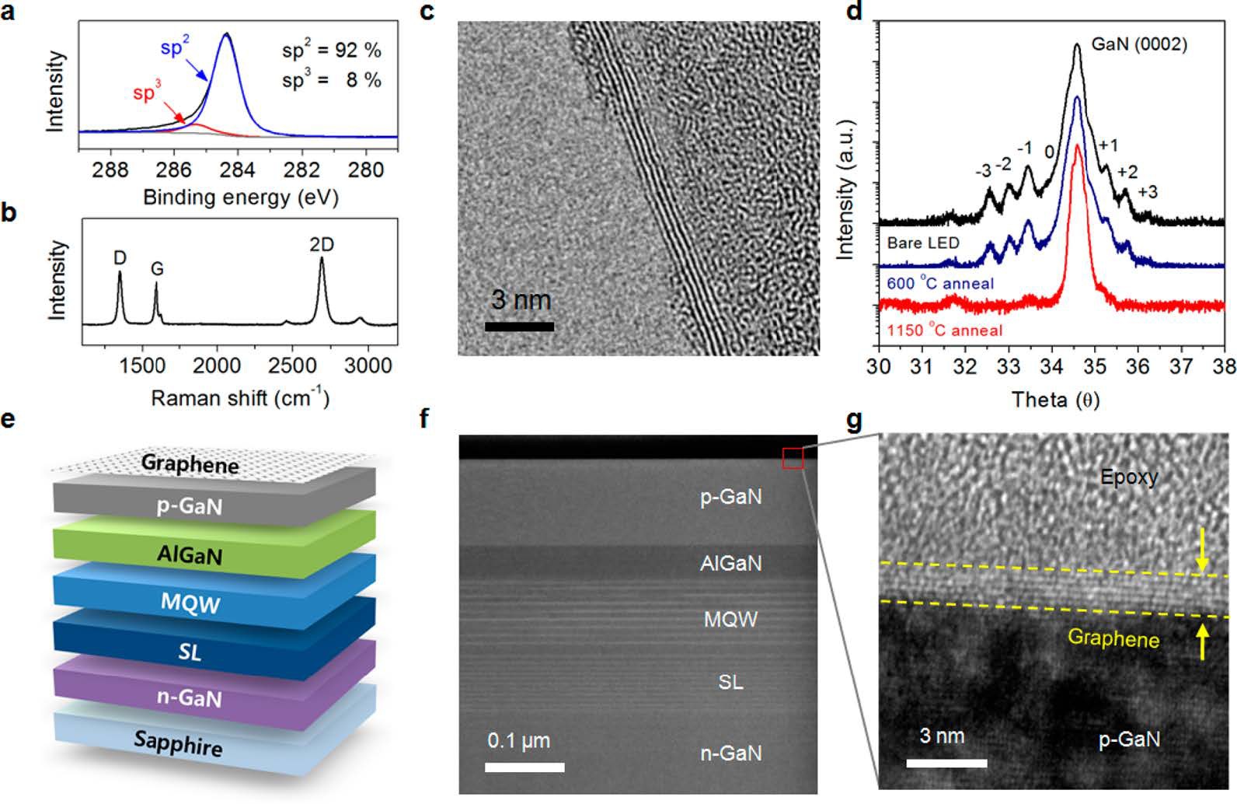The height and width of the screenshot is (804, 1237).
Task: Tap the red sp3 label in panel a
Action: pos(147,93)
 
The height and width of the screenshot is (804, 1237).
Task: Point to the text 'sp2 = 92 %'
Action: pos(332,51)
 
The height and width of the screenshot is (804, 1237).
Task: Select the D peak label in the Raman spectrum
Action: pos(120,257)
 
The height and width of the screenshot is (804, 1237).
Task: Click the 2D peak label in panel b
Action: pos(322,244)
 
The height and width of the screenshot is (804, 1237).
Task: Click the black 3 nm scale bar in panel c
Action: pos(519,327)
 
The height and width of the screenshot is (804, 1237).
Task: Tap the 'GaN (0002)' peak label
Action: pos(1139,44)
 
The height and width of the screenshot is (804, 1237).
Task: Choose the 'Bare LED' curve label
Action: pos(923,243)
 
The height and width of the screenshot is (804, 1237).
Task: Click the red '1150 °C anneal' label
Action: pos(944,330)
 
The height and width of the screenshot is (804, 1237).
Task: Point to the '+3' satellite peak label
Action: pos(1148,191)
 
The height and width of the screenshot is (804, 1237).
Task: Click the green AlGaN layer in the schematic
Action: pos(190,554)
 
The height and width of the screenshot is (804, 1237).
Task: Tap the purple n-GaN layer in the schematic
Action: pos(190,697)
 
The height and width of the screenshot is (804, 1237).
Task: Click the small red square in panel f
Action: pos(793,459)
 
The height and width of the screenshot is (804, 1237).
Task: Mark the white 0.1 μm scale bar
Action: pos(524,767)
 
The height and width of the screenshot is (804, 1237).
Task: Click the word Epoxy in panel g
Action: pos(1129,477)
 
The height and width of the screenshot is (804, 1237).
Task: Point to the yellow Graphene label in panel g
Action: pos(1113,638)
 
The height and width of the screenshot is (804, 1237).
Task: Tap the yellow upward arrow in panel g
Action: pos(1203,642)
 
